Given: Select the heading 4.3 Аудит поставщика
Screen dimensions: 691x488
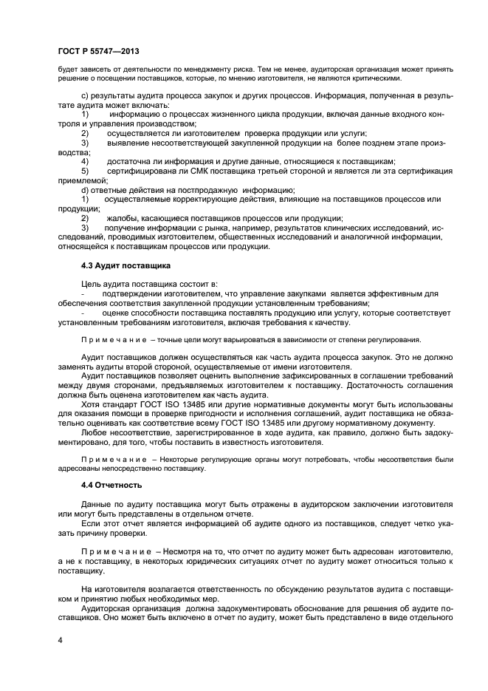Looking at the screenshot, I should [x=126, y=265].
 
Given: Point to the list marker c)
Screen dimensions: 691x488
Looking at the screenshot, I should [x=84, y=96].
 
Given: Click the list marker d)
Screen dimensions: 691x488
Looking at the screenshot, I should [x=84, y=189].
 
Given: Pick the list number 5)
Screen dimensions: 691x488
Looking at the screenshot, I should [x=85, y=171].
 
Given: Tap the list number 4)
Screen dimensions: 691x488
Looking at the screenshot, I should [x=85, y=161].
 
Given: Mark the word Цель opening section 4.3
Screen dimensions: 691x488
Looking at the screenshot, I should [x=92, y=283].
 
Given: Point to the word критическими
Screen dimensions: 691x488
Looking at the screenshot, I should [x=374, y=78].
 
